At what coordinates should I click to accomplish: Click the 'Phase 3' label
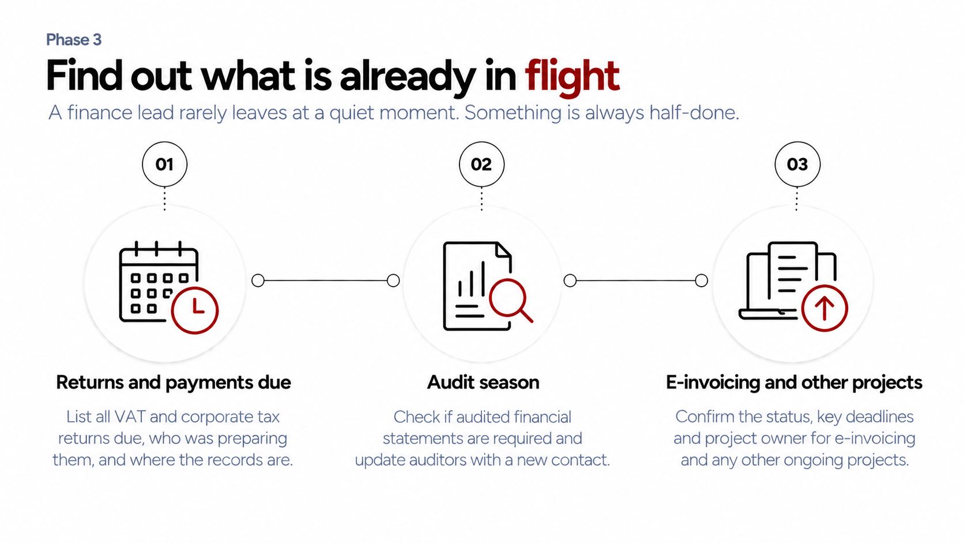pyautogui.click(x=74, y=40)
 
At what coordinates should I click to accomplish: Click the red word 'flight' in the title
pyautogui.click(x=572, y=77)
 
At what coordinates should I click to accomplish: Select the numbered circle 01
pyautogui.click(x=165, y=164)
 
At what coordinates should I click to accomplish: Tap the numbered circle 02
pyautogui.click(x=481, y=164)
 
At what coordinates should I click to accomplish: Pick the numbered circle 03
pyautogui.click(x=797, y=164)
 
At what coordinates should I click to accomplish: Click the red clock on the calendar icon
pyautogui.click(x=195, y=310)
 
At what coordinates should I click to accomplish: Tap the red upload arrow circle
pyautogui.click(x=824, y=308)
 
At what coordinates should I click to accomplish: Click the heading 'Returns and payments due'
pyautogui.click(x=174, y=383)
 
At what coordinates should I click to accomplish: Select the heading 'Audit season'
pyautogui.click(x=483, y=383)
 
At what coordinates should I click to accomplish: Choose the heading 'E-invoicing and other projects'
pyautogui.click(x=794, y=383)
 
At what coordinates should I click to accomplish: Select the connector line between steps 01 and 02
pyautogui.click(x=325, y=280)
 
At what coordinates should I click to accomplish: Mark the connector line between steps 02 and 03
pyautogui.click(x=635, y=280)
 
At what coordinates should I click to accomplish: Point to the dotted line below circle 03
pyautogui.click(x=797, y=199)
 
